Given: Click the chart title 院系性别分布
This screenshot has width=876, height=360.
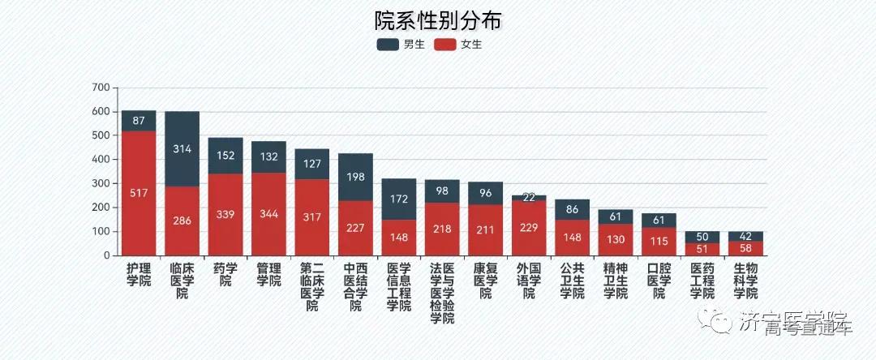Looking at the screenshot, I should coord(439,19).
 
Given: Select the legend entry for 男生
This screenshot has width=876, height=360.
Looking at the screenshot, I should coord(401,45).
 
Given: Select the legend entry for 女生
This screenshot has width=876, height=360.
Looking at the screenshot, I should coord(459,45).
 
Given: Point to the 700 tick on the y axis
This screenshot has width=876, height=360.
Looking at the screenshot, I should coord(101,88).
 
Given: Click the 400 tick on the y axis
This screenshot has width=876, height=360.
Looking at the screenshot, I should coord(101,160).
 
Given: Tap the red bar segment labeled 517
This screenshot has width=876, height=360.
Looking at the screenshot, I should coord(139,193).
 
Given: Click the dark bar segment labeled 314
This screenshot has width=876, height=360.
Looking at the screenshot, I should coord(182,149).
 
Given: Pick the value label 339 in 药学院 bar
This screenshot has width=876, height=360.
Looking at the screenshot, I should coord(225,215).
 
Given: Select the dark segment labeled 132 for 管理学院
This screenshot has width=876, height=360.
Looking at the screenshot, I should coord(268,156).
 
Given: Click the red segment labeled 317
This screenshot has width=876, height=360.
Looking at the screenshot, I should coord(312,217).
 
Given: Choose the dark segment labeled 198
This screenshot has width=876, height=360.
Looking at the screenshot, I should coord(355,177).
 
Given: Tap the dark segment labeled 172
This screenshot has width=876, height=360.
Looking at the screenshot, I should coord(398,199).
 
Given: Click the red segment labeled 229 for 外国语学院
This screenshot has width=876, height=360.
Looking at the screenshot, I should coord(529,228).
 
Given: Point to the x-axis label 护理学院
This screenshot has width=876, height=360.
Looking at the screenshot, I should coord(139,274).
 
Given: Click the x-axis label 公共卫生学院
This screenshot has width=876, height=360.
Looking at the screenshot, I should coord(572,281).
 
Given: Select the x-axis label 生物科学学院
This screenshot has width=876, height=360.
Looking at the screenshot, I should coord(745,281).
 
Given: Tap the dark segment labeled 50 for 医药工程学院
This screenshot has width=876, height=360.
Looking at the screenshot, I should coord(702,237).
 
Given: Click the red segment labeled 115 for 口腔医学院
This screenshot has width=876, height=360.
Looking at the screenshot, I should coord(659,242).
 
